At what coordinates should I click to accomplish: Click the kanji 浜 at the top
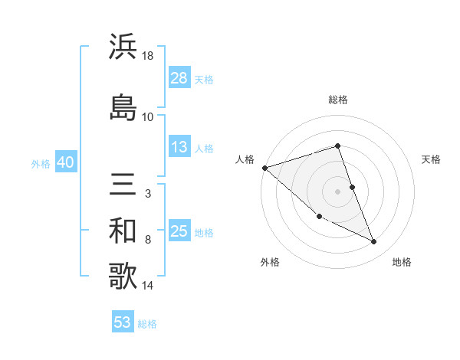(123, 46)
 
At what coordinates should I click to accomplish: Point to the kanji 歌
(123, 277)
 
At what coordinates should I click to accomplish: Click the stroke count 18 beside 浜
(149, 56)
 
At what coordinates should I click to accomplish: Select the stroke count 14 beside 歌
(149, 286)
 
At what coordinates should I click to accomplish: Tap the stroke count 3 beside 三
(147, 194)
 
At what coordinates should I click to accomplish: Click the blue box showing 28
(179, 78)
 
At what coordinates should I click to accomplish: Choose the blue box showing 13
(179, 147)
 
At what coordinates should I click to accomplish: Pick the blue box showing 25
(179, 231)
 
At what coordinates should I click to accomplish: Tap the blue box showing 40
(65, 162)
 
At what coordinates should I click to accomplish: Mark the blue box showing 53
(123, 322)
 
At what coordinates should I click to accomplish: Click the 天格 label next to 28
(204, 79)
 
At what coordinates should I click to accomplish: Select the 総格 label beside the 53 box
(147, 324)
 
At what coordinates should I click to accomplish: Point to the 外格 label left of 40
(41, 163)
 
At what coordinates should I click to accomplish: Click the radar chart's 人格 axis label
(245, 159)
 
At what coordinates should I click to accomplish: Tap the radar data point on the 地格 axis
(374, 242)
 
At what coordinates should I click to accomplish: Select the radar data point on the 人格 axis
(264, 168)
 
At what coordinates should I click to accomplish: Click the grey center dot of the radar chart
(337, 191)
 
